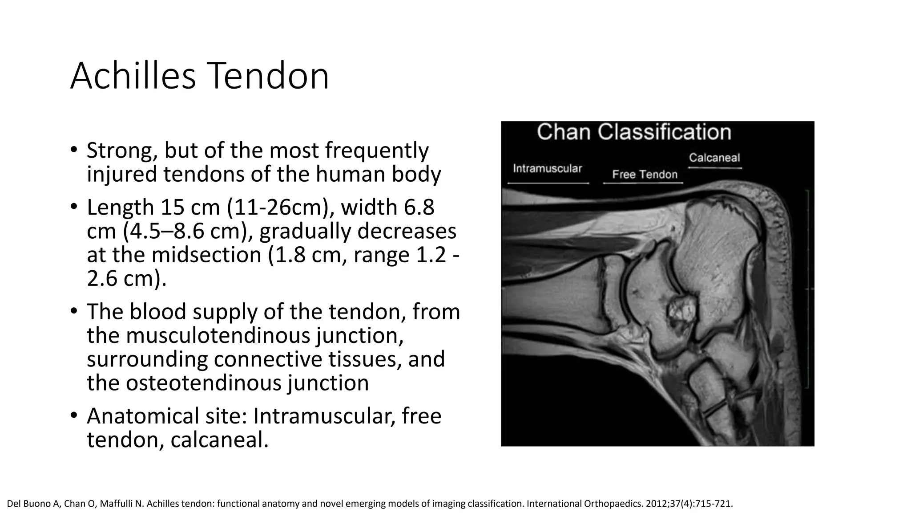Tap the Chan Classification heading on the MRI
(x=633, y=132)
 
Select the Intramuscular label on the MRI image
(x=547, y=168)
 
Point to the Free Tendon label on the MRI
(x=645, y=175)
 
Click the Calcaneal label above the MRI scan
(x=714, y=158)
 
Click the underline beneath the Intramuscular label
(x=548, y=183)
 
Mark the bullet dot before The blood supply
(x=74, y=311)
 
